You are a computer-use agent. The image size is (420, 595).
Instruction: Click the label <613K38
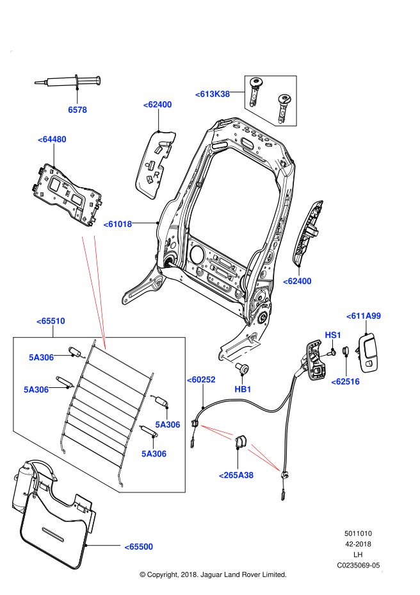213,94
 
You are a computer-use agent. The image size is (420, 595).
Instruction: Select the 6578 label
77,110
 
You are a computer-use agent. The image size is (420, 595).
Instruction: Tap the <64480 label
52,139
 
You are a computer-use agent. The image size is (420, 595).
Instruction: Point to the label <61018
118,224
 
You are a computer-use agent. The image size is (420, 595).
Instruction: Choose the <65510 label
51,321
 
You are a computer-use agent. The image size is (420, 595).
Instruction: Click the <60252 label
201,380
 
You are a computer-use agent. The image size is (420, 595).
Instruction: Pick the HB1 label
243,389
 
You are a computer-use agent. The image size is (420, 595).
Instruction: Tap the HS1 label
333,335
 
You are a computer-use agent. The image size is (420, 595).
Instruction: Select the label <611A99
364,316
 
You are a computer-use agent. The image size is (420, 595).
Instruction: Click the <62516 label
345,381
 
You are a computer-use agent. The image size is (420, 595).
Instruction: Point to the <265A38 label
236,475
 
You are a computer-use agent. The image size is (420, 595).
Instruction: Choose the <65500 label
139,547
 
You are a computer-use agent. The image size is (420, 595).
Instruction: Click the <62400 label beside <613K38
157,105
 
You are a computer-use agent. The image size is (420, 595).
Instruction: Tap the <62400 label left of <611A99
297,281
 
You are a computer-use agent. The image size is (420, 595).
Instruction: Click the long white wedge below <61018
93,276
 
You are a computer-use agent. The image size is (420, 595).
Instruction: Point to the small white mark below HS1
323,355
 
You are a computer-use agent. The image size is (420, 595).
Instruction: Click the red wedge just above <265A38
264,458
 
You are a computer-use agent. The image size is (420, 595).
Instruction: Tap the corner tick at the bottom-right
382,571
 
